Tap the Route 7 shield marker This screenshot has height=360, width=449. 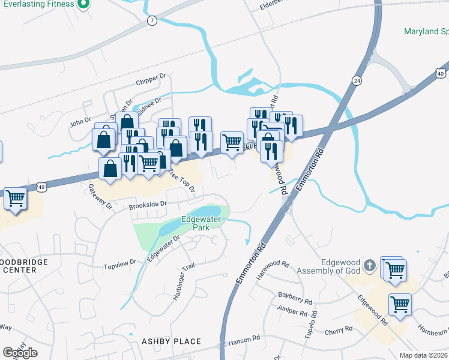coord(152,20)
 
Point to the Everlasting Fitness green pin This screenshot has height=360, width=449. coord(84,5)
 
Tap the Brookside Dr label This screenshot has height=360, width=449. coord(148,205)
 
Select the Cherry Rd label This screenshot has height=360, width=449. coord(339,331)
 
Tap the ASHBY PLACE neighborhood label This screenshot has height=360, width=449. coord(171,341)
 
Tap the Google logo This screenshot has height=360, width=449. coord(20,353)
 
